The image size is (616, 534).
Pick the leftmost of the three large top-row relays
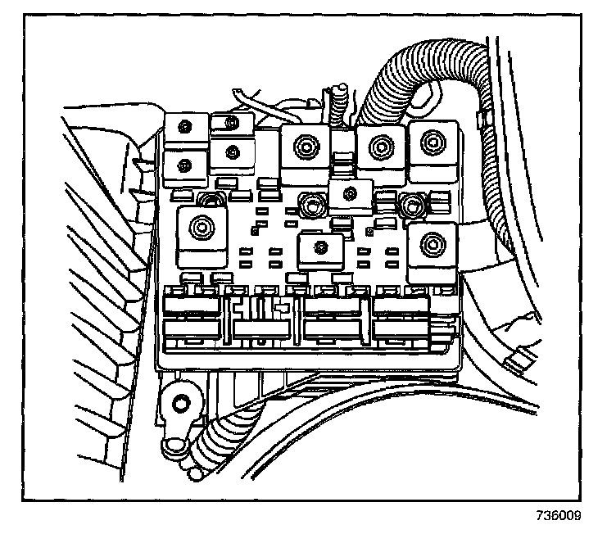(305, 152)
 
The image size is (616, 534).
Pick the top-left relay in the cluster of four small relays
(185, 128)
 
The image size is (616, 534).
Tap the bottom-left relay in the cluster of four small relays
(185, 165)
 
